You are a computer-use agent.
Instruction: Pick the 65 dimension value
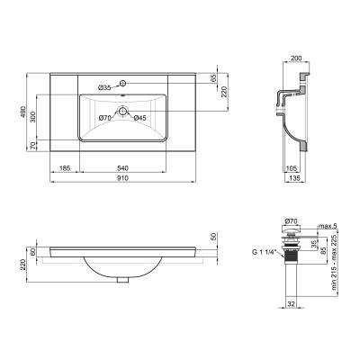click(214, 80)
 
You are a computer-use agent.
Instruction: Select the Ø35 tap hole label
click(105, 87)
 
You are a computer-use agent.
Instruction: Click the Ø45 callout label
click(140, 118)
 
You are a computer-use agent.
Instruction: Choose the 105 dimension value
click(292, 167)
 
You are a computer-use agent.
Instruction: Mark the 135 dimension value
click(292, 179)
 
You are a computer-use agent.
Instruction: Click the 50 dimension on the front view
click(214, 236)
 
